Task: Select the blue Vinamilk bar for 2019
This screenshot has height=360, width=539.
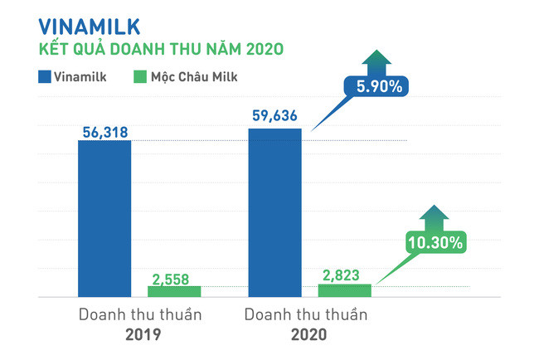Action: coord(104,218)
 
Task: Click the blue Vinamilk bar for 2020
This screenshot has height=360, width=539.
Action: coord(274,212)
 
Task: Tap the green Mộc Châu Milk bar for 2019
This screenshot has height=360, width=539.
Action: coord(174,290)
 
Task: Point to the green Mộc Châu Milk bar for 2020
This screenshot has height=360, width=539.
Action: coord(345,289)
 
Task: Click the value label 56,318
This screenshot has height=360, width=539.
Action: coord(104,130)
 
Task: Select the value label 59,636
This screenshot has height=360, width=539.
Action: coord(275,117)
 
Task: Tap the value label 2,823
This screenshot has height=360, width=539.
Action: coord(345,274)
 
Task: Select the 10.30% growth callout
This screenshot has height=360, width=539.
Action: coord(435,242)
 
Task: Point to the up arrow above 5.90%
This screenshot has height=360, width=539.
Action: coord(378,60)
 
